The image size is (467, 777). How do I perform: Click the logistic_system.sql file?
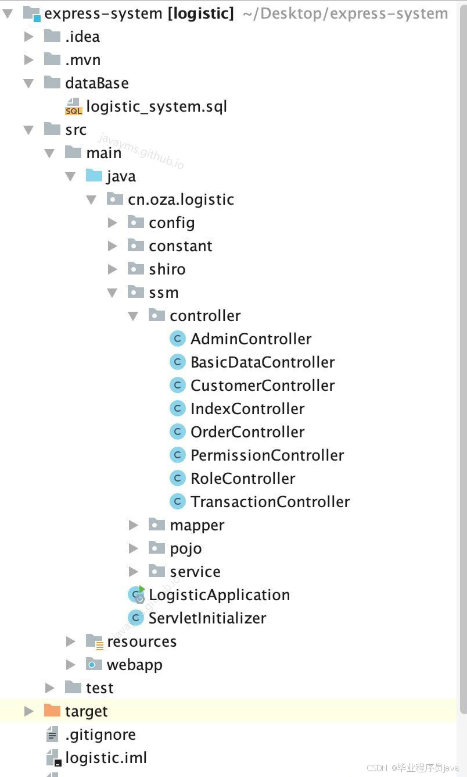156,106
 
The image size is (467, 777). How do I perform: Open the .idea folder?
82,37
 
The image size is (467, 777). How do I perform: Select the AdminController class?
250,339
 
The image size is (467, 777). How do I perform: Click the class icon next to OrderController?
177,432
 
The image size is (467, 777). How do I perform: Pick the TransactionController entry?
270,502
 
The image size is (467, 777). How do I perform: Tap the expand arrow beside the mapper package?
134,525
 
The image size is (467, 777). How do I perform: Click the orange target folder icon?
52,711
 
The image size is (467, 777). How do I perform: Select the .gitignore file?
100,735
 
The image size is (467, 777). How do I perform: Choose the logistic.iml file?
106,758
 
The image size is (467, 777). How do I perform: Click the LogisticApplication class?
219,595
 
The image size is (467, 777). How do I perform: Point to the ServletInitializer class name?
207,618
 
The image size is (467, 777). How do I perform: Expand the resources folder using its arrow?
71,641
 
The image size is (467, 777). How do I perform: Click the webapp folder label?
134,665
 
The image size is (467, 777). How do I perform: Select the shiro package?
167,269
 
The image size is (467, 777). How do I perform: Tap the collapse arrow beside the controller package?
134,316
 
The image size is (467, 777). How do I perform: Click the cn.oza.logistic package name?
181,199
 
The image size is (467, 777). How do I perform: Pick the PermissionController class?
267,455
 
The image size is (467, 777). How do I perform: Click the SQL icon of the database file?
74,107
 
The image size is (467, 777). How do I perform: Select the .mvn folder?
82,60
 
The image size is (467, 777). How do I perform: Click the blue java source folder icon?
94,176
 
